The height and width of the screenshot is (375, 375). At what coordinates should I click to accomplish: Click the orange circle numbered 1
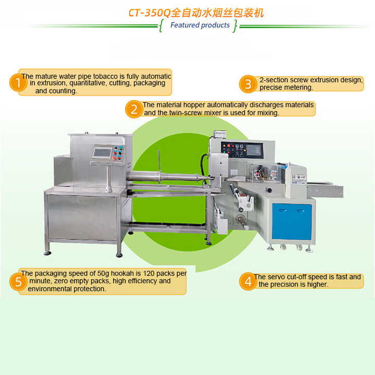point(18,83)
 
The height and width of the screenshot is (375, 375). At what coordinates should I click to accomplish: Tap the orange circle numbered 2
point(134,109)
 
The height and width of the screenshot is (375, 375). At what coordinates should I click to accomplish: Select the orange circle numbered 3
point(248,84)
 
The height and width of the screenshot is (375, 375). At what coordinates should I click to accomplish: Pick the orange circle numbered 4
point(248,281)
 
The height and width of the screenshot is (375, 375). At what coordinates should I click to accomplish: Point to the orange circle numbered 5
point(18,282)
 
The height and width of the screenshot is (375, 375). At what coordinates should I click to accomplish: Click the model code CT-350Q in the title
point(149,12)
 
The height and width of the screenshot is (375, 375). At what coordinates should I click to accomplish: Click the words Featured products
point(200,25)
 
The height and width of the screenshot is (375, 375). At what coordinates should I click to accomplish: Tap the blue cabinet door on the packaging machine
point(292,221)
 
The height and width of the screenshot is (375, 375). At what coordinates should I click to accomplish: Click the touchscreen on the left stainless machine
point(102,153)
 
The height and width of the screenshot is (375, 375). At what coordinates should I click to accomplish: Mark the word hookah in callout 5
point(122,273)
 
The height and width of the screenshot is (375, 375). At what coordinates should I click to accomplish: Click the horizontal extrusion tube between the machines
point(167,177)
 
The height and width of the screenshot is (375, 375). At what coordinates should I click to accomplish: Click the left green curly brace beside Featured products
point(161,26)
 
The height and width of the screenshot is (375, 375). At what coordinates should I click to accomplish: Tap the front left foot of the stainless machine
point(47,253)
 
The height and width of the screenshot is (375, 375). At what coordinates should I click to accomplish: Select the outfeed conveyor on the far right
point(325,191)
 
